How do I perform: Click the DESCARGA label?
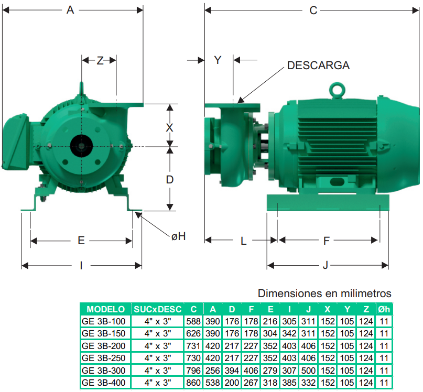(318, 66)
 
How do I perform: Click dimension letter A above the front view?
(70, 10)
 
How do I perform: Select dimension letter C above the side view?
(313, 10)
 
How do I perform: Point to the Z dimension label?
(100, 60)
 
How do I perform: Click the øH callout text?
(179, 236)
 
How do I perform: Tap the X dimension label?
(169, 127)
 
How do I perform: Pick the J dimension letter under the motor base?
(326, 266)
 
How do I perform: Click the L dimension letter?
(243, 241)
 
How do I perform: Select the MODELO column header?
(105, 309)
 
